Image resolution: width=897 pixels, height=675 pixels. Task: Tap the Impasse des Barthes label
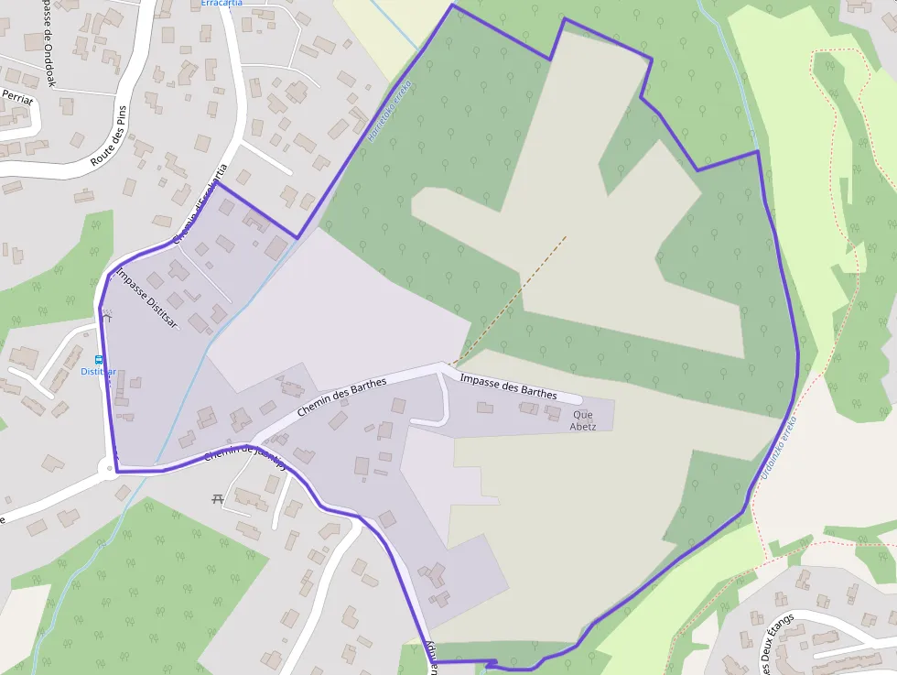[x=508, y=386]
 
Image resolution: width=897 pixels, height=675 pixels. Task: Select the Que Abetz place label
[x=583, y=420]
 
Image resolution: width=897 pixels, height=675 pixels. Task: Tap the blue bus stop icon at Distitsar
[x=99, y=360]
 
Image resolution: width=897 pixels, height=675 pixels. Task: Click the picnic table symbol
[x=218, y=498]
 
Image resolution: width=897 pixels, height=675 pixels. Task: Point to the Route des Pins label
[x=108, y=135]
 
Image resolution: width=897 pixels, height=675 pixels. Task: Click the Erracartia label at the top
[x=222, y=4]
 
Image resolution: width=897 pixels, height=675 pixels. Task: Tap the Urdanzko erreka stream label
[x=780, y=448]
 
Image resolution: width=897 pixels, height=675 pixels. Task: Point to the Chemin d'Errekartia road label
[x=200, y=203]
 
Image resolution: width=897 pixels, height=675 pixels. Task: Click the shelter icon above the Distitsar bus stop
[x=107, y=317]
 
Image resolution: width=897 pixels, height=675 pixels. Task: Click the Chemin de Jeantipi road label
[x=244, y=455]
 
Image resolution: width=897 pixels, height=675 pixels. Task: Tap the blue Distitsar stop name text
[x=98, y=372]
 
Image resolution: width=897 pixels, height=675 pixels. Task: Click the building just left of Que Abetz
[x=552, y=414]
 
